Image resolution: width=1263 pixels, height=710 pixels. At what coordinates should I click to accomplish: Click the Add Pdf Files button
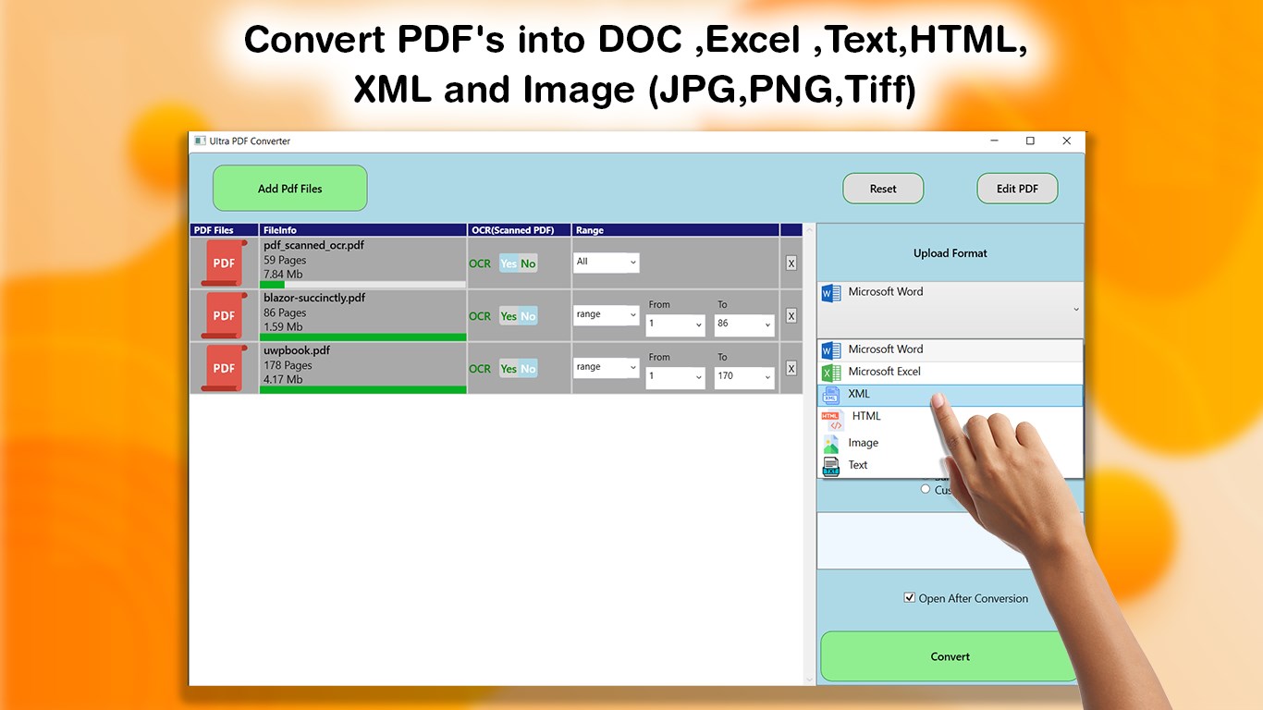289,189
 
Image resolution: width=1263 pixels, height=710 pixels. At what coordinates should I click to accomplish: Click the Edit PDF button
1017,189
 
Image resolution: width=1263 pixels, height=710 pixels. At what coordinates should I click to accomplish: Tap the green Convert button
950,656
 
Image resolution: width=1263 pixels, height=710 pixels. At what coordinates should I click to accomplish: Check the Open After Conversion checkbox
910,598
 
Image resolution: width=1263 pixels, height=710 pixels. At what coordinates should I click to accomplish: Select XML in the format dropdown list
859,394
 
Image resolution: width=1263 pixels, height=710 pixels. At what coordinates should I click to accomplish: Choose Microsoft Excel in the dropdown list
884,372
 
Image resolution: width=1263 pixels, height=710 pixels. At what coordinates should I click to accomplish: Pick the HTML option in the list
866,416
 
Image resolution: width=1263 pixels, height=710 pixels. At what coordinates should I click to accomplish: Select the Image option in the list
863,443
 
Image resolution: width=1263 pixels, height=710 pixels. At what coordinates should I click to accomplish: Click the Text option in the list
858,465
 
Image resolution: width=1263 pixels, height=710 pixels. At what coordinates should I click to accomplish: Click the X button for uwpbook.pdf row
791,368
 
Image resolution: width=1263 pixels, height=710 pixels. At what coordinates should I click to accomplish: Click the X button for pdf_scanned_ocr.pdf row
791,263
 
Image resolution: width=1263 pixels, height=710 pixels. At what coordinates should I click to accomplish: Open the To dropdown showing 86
743,324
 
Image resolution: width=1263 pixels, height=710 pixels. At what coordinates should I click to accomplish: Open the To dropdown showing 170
743,377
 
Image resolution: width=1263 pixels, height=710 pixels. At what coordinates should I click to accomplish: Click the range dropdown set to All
606,263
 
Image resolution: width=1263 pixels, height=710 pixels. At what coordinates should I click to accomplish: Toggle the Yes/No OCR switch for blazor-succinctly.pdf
518,316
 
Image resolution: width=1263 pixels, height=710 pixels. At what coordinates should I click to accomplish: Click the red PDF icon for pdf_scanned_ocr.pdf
224,263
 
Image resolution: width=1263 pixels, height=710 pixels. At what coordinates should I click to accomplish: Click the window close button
1066,141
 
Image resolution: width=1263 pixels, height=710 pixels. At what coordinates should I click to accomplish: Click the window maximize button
1030,141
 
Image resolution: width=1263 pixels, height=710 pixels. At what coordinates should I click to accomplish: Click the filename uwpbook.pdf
297,350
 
